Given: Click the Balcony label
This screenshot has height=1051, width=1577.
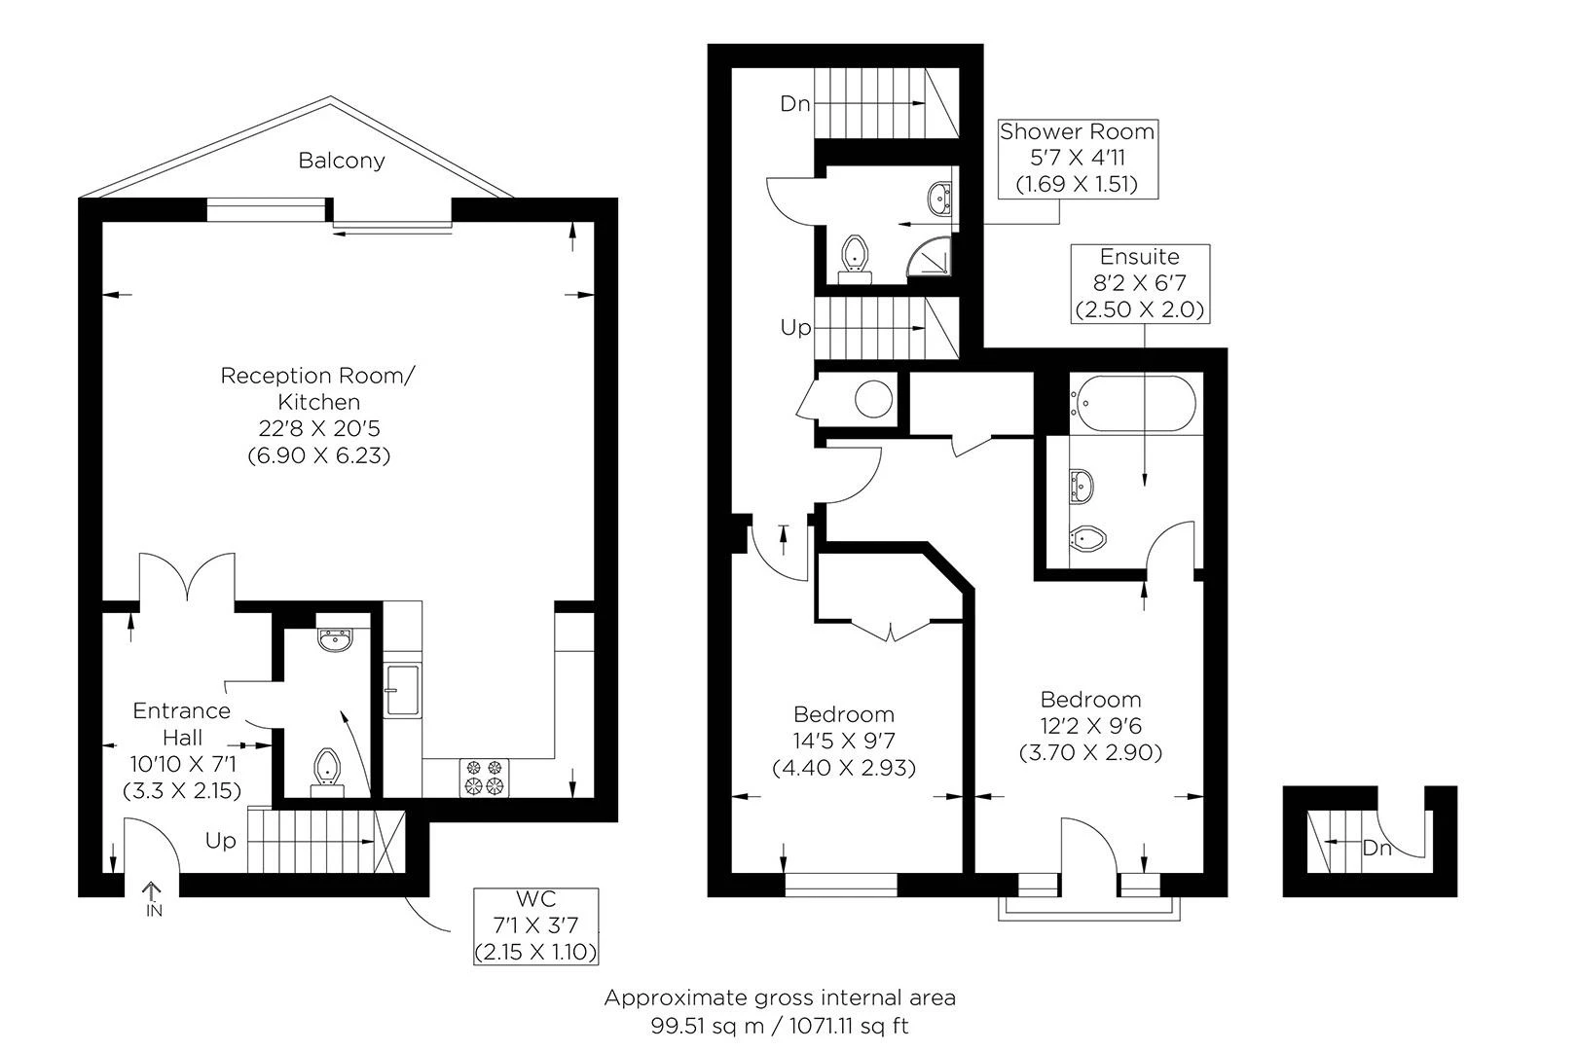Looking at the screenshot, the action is [342, 161].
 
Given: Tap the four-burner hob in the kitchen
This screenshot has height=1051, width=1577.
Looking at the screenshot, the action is [485, 778].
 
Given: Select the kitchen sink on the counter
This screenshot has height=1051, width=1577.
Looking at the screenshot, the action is [403, 690].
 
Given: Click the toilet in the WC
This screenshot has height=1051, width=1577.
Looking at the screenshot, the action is [327, 772].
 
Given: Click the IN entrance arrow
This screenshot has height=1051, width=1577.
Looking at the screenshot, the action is [153, 899].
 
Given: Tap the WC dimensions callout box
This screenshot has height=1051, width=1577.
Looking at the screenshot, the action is [535, 925].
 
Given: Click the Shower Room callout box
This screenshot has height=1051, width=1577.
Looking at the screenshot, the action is [1078, 159].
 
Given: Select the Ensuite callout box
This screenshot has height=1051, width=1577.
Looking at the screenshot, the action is [1141, 284].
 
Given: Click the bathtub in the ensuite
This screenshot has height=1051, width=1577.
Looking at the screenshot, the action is [1132, 403].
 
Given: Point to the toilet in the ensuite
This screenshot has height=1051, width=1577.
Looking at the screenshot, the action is [1087, 539].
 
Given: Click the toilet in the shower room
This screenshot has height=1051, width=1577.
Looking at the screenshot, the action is [856, 258].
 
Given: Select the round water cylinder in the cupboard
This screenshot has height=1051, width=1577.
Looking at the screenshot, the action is [874, 399].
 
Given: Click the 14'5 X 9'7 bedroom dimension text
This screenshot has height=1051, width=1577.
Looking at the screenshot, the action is [843, 741].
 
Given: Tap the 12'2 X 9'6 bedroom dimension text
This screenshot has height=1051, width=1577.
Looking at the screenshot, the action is [1090, 726].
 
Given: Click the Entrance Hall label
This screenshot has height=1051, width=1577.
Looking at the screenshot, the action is [182, 724].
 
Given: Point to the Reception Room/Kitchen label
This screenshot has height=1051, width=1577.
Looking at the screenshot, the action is [318, 388].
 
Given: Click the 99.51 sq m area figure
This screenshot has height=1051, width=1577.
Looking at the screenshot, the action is [707, 1027].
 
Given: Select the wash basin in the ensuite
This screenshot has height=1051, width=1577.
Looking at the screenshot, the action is [1082, 486].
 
